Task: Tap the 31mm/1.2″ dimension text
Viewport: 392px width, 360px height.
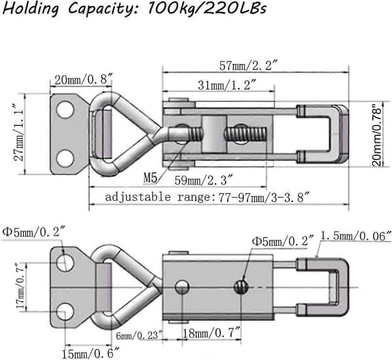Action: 227,85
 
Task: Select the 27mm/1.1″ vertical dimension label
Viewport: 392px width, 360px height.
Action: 19,132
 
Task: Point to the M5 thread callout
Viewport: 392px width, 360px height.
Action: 150,178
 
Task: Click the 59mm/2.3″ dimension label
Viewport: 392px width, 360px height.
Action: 204,180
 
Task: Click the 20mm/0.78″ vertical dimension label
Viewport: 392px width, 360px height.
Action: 378,137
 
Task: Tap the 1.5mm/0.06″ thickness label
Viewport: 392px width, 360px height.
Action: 355,237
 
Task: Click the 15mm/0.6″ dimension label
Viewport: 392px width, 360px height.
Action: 91,353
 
